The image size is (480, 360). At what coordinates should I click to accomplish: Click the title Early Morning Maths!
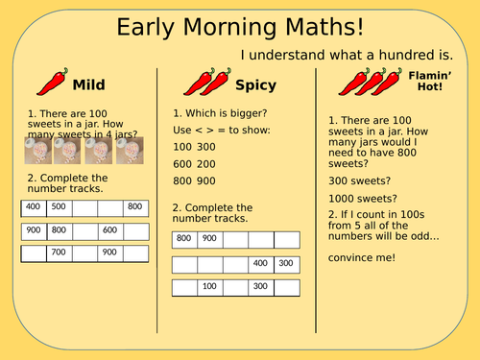(240, 27)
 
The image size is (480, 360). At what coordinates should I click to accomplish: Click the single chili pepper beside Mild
(55, 83)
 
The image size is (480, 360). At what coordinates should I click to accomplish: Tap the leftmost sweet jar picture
(38, 151)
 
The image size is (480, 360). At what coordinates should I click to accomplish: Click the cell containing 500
(59, 206)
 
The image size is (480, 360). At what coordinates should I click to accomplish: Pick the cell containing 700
(59, 253)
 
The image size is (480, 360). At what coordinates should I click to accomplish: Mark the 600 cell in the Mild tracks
(109, 230)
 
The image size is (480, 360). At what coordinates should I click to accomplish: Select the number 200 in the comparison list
(207, 162)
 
